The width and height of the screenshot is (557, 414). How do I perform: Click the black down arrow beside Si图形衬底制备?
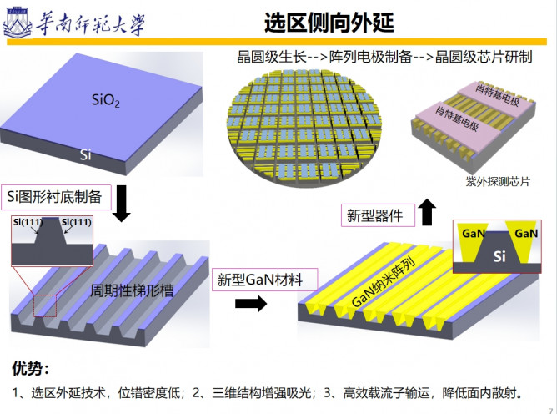(x=121, y=204)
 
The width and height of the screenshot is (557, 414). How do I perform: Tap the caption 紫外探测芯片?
(x=476, y=181)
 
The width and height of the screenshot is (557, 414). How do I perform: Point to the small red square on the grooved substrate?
(x=45, y=305)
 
